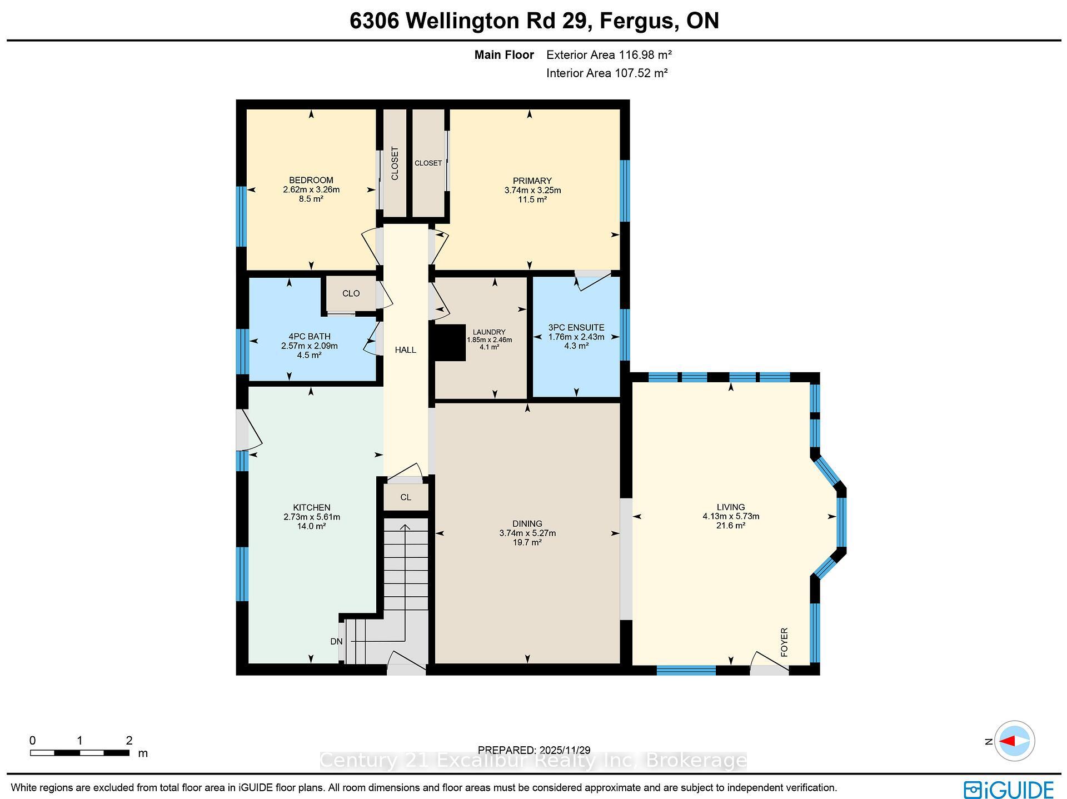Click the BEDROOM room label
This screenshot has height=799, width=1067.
[311, 180]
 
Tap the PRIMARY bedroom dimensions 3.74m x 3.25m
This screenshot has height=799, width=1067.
[532, 190]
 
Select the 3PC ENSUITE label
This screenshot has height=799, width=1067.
[576, 327]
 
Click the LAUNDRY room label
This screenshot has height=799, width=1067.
[489, 332]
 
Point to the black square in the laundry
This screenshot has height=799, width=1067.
[449, 343]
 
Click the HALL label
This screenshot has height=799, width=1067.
[405, 349]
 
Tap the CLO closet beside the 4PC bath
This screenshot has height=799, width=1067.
[351, 293]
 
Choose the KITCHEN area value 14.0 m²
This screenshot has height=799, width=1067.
[311, 526]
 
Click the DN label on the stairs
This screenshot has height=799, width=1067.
[336, 641]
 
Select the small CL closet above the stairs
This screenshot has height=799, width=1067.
[406, 497]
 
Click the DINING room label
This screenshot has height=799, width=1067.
[527, 523]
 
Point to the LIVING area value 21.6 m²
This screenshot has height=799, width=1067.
[730, 525]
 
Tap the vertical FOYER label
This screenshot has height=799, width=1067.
[784, 642]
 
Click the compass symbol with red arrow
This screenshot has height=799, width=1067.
[1014, 741]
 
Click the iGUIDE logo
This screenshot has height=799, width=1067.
[1008, 790]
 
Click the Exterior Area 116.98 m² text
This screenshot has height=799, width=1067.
[609, 55]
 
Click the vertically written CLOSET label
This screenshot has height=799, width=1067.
[395, 163]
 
